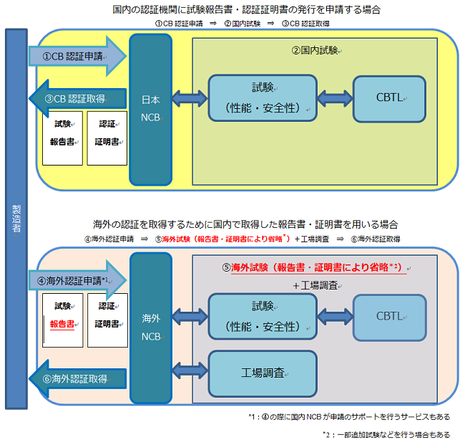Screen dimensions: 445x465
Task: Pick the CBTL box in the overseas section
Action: pyautogui.click(x=389, y=316)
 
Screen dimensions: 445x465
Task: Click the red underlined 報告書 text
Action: pyautogui.click(x=62, y=323)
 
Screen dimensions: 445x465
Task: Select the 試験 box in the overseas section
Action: pyautogui.click(x=262, y=316)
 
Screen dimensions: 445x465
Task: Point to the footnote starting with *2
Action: pyautogui.click(x=386, y=434)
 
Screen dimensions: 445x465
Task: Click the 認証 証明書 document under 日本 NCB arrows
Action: pyautogui.click(x=107, y=138)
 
